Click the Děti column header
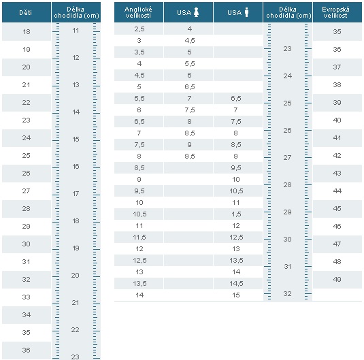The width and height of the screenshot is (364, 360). click(26, 12)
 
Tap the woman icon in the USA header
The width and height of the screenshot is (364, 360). click(197, 12)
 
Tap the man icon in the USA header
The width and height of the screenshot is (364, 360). click(246, 12)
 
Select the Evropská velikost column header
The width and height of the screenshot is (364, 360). click(335, 12)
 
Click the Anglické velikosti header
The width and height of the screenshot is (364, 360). click(138, 12)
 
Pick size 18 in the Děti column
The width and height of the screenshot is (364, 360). click(27, 31)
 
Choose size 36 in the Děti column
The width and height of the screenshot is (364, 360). click(27, 350)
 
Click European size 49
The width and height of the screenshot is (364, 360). click(337, 279)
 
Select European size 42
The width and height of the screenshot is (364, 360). click(337, 155)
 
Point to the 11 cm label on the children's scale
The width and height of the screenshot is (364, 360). click(76, 31)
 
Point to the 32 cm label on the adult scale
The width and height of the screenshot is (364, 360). click(287, 293)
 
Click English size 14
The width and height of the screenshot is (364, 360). click(139, 295)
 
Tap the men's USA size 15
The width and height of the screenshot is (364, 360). click(236, 295)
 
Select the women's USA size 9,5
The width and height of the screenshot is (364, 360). click(190, 156)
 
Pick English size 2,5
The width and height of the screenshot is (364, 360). click(139, 29)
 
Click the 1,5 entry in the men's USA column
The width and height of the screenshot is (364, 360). click(236, 214)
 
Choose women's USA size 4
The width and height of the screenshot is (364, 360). click(190, 29)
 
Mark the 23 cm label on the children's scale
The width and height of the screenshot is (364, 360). click(76, 357)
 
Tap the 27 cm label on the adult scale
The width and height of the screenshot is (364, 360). click(287, 157)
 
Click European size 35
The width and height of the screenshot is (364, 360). click(337, 31)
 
